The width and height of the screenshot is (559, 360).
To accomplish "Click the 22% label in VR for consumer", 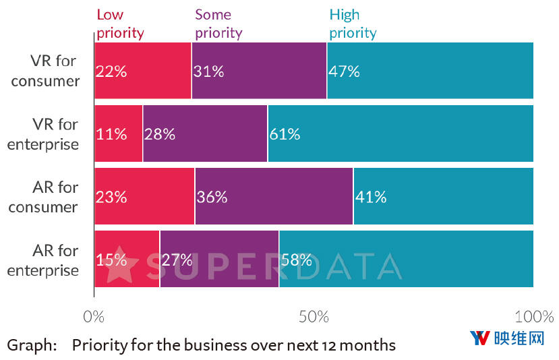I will pos(111,71).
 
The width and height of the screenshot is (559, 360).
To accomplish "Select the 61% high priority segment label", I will pos(285,134).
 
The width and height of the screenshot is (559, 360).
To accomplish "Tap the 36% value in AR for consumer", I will pos(212,197).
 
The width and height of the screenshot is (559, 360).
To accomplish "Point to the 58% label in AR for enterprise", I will pos(297,260).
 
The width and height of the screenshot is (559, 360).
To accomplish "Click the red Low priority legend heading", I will pos(120,23).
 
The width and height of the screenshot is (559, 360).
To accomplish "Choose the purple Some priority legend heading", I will pos(218,23).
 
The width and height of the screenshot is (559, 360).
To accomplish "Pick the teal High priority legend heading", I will pos(353,23).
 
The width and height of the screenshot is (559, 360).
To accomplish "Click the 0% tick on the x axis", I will pos(94,316).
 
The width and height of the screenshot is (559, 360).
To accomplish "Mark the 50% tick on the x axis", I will pos(314,316).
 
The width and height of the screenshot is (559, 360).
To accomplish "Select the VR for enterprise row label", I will pos(43,134).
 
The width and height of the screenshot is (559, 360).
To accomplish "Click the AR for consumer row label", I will pos(43,197).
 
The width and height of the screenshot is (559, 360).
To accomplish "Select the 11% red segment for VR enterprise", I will pos(111,134).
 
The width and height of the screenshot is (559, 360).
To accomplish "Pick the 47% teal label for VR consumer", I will pos(344,71).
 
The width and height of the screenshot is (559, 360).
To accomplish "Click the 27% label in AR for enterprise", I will pos(177,260).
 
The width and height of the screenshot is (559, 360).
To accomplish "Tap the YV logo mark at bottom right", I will pos(479,338).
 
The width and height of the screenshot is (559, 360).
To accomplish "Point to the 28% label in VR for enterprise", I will pos(160,134).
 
